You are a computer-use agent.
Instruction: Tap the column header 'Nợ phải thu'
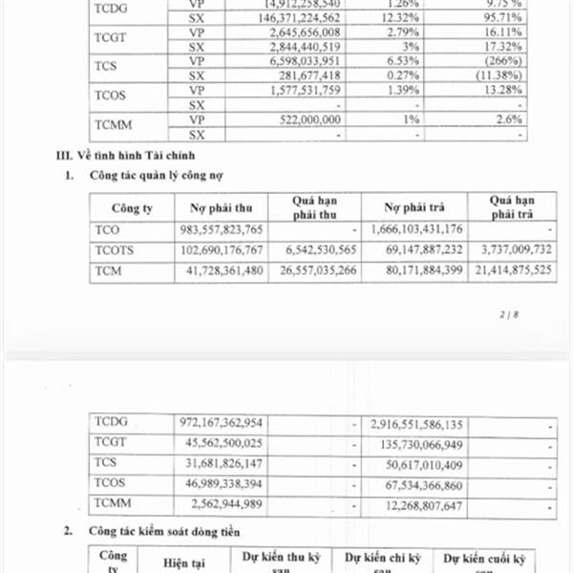[x=221, y=207]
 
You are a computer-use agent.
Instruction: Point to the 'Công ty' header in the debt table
[x=132, y=207]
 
